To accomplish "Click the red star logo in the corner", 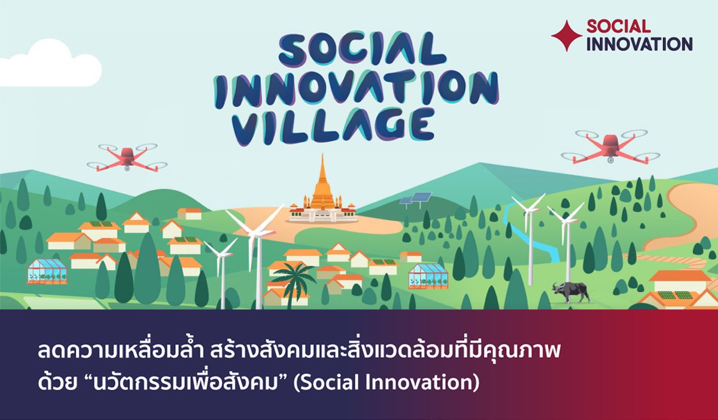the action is [x=567, y=35].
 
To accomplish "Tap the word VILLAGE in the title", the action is [x=333, y=127].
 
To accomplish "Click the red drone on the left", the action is [x=127, y=157].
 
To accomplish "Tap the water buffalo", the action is [x=571, y=292].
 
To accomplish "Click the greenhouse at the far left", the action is [x=47, y=272].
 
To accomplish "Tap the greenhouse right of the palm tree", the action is [x=428, y=276].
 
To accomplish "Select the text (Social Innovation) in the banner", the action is [x=387, y=383].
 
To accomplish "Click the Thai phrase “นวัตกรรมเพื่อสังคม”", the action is [x=185, y=383].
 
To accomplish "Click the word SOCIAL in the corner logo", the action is [x=619, y=26].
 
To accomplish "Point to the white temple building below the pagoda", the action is [x=323, y=214].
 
